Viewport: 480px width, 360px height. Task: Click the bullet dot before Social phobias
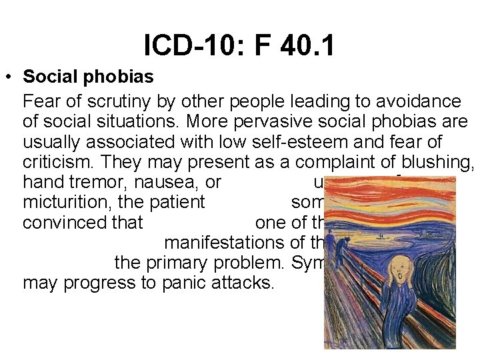(x=8, y=77)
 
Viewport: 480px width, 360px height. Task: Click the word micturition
(x=63, y=202)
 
